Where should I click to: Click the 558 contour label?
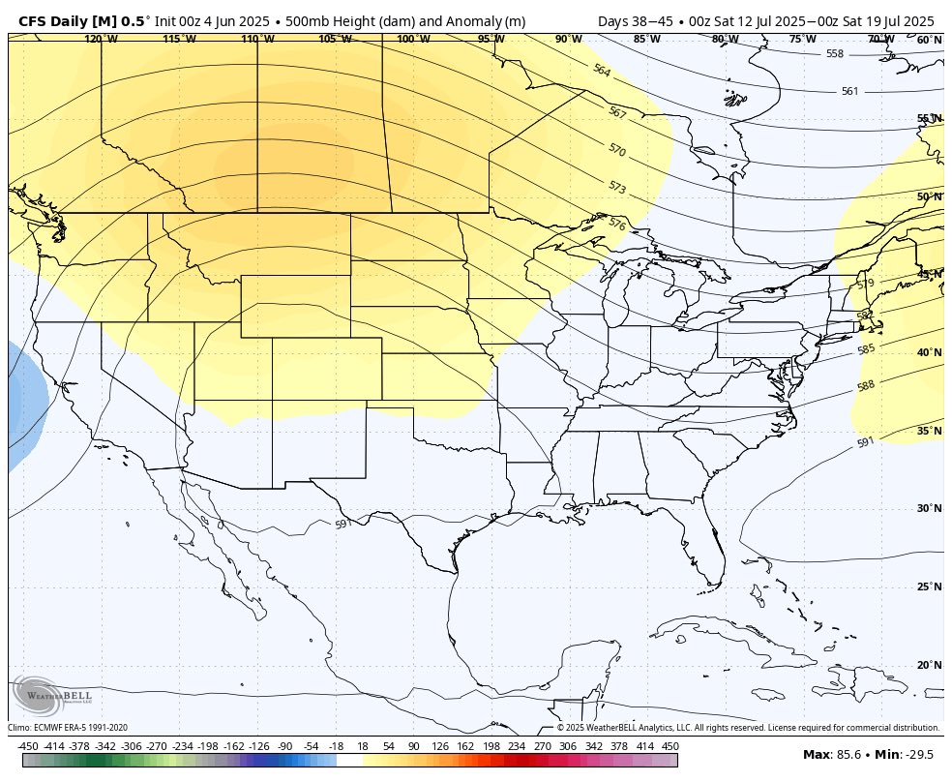coord(835,54)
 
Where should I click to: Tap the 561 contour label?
coord(849,91)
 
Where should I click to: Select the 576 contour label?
coord(616,224)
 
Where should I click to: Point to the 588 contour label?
coord(866,386)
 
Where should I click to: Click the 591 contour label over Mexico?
coord(342,524)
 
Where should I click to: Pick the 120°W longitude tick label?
coord(100,39)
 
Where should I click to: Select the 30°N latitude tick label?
coord(929,508)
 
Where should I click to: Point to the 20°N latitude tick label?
coord(929,665)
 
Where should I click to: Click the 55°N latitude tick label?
coord(929,118)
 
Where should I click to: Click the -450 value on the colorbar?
coord(28,746)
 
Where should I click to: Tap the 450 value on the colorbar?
coord(669,746)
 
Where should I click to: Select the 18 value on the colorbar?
coord(362,746)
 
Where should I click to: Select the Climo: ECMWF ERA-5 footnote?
coord(68,728)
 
